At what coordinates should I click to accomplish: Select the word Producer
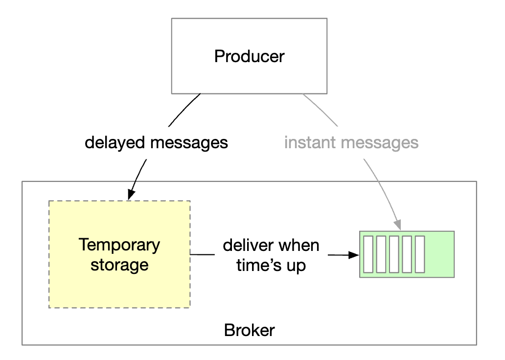point(249,56)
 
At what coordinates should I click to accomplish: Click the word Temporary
point(119,245)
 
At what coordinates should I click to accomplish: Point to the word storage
point(119,265)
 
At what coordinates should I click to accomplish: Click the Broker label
point(249,330)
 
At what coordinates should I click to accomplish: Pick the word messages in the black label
point(190,142)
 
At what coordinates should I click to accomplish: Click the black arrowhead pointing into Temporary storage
point(130,196)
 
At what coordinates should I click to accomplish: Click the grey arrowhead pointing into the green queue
point(398,225)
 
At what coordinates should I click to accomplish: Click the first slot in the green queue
point(369,254)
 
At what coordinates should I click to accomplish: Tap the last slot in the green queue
point(419,254)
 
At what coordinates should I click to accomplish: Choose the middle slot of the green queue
point(394,254)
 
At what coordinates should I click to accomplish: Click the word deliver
point(246,245)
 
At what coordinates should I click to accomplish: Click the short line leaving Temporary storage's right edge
point(202,254)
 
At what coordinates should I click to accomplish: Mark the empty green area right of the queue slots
point(439,254)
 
